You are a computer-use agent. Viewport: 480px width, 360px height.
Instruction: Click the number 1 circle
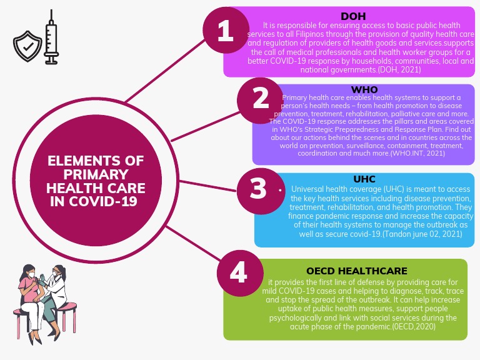click(226, 32)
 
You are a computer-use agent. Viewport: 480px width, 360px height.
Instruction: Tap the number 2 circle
click(261, 98)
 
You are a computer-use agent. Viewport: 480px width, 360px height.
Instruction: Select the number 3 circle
click(258, 188)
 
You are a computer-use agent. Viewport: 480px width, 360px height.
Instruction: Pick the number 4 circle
click(239, 272)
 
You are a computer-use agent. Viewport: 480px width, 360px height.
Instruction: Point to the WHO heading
click(364, 90)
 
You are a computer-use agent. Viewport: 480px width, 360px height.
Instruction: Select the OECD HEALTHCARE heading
click(357, 271)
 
